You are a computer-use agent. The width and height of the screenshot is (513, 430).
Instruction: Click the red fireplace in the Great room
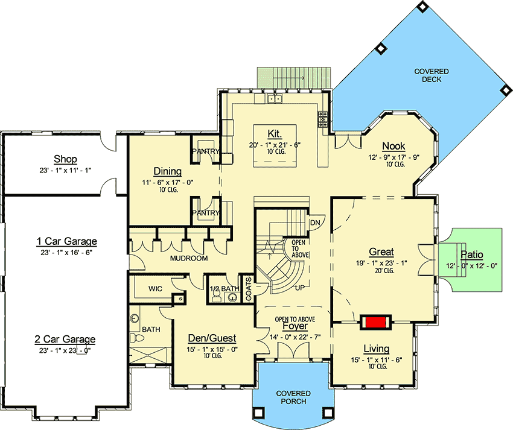click(x=375, y=322)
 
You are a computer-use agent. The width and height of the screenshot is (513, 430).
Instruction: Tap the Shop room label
click(x=65, y=159)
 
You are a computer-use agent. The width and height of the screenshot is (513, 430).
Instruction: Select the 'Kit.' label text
click(x=275, y=133)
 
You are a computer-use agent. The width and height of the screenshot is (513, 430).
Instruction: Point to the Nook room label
click(x=394, y=146)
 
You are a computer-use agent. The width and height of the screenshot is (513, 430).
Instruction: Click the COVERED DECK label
click(x=432, y=75)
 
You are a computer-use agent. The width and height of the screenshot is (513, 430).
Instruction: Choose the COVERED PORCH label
click(x=293, y=397)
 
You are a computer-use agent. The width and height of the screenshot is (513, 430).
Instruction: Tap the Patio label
click(x=472, y=255)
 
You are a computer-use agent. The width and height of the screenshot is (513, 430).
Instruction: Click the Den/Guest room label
click(x=212, y=338)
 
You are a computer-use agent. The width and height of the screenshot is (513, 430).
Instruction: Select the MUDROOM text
click(x=189, y=258)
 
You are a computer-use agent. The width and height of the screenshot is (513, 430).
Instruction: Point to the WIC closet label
click(x=155, y=289)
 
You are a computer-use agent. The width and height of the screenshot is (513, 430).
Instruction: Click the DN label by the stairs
click(x=315, y=223)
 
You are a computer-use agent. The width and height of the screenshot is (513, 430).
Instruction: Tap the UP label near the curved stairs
click(x=300, y=288)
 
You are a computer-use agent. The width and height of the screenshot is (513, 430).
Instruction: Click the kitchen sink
click(x=275, y=98)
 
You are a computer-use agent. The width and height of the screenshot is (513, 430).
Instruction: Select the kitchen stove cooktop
click(x=323, y=119)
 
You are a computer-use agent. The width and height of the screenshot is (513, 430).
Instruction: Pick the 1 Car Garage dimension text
click(x=66, y=252)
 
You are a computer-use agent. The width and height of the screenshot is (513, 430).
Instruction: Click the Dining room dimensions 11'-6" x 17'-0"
click(x=168, y=183)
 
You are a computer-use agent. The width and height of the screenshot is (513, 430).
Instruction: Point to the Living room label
click(x=376, y=349)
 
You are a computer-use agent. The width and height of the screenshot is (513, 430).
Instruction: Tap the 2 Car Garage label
click(x=65, y=339)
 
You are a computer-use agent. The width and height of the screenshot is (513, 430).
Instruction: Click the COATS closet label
click(x=249, y=289)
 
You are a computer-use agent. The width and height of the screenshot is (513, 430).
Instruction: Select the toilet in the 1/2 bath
click(x=216, y=296)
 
